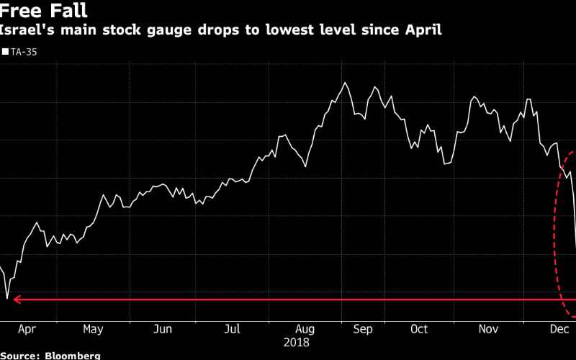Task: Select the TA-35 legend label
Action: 25,52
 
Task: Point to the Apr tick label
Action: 26,329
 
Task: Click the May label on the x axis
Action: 93,329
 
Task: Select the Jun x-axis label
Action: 163,329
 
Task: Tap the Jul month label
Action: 231,329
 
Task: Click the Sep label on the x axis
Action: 363,329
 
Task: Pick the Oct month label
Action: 418,329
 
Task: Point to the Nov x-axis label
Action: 489,329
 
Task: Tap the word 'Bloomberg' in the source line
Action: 73,356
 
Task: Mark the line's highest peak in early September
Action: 346,83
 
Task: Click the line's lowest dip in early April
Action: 7,298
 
